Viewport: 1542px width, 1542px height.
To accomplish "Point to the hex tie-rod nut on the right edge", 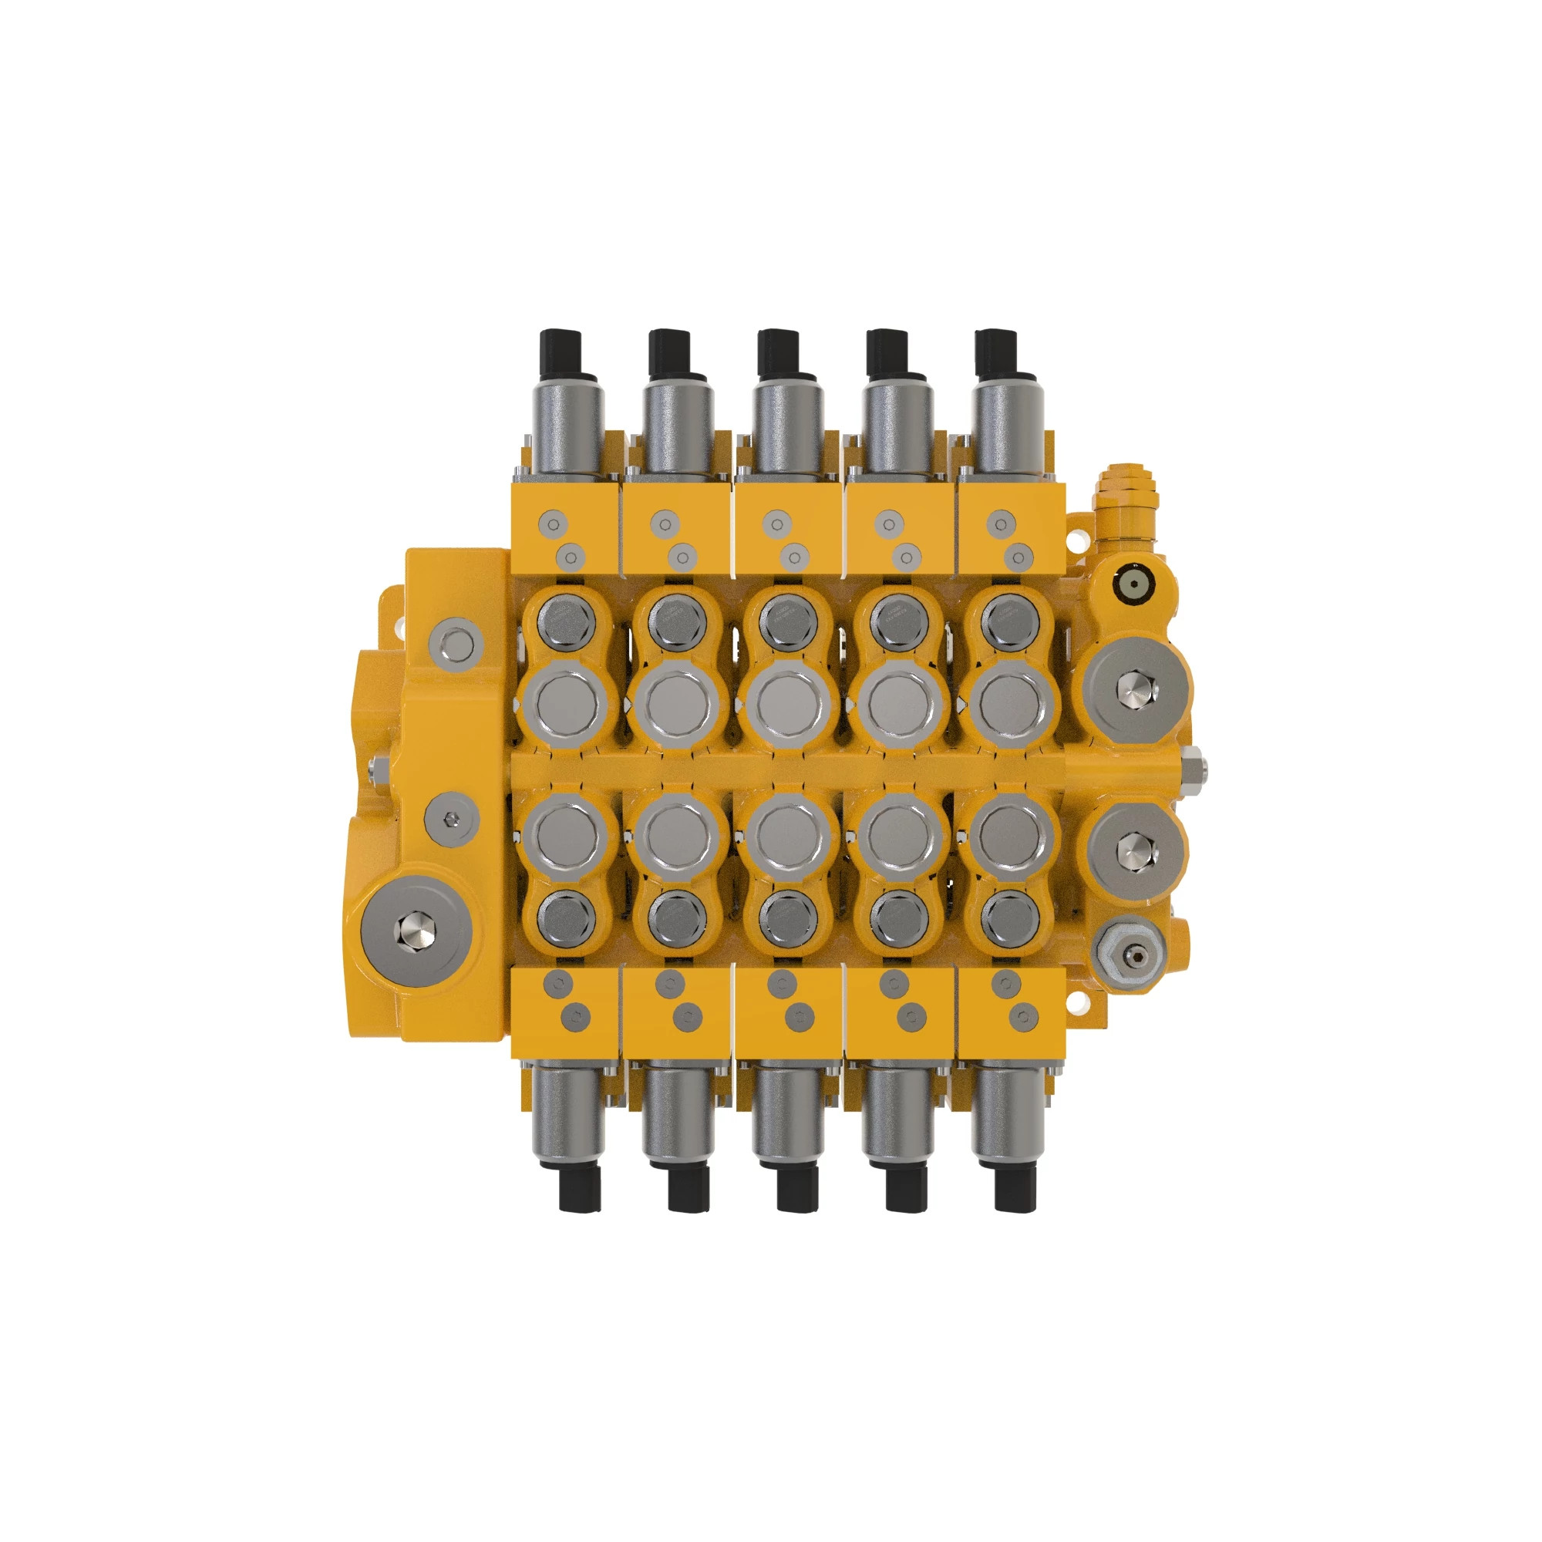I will (1195, 770).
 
